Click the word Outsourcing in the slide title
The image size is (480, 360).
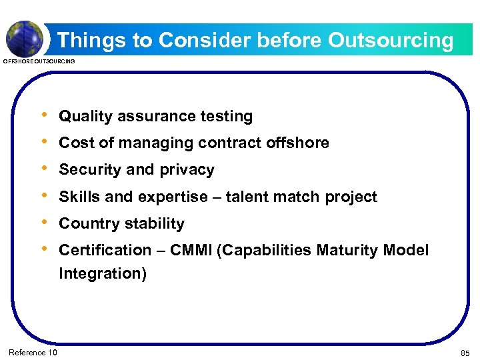click(x=391, y=41)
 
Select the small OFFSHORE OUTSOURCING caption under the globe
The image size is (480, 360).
click(x=39, y=61)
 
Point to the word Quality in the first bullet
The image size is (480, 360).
click(x=86, y=117)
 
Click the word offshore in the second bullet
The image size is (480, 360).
click(x=297, y=143)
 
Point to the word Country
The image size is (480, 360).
click(x=87, y=223)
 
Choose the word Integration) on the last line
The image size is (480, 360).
click(x=103, y=273)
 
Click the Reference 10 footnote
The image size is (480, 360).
click(x=33, y=352)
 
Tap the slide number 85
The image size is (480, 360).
click(x=465, y=352)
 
